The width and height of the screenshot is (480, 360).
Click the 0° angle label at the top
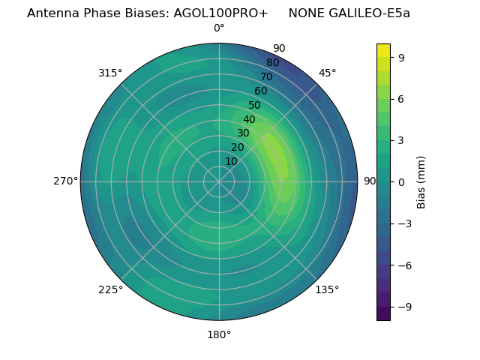pyautogui.click(x=219, y=28)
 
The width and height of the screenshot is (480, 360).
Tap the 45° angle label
pyautogui.click(x=328, y=73)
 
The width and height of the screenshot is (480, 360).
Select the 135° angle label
pyautogui.click(x=327, y=289)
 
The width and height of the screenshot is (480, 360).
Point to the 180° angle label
pyautogui.click(x=219, y=334)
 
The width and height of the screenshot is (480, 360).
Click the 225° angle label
pyautogui.click(x=110, y=289)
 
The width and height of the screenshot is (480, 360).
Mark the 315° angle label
pyautogui.click(x=110, y=73)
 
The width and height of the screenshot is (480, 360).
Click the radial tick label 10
pyautogui.click(x=231, y=161)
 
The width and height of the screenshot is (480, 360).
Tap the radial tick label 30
pyautogui.click(x=243, y=133)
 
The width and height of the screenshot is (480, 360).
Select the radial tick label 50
pyautogui.click(x=255, y=106)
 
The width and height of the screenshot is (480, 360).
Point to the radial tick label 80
pyautogui.click(x=272, y=63)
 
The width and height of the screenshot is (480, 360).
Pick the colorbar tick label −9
pyautogui.click(x=404, y=307)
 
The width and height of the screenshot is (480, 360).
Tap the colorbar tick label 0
pyautogui.click(x=401, y=182)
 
